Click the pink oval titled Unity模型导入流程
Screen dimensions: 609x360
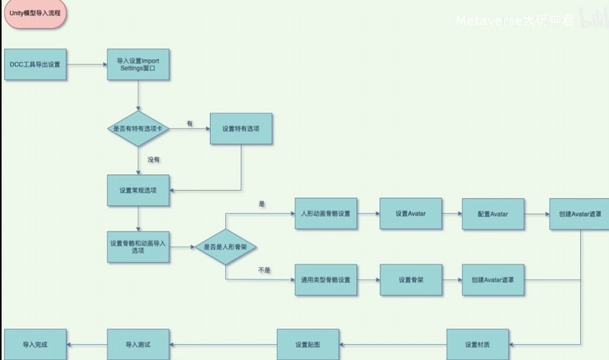35,13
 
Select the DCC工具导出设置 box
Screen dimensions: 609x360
35,64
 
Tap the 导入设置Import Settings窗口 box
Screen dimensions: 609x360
139,64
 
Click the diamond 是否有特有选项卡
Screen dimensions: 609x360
139,128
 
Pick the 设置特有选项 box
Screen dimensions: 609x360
241,128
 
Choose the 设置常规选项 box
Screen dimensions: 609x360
139,190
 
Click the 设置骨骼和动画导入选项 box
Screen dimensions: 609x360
139,247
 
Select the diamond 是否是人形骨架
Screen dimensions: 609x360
226,247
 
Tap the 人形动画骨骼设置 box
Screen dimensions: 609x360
326,214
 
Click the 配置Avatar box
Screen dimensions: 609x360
493,214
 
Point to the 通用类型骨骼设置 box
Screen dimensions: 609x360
326,280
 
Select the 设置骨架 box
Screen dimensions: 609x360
411,280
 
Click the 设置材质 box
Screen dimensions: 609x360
478,345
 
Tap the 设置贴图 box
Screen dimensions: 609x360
308,345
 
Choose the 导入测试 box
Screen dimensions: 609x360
139,345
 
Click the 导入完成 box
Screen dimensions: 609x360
35,345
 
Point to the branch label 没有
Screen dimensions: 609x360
153,160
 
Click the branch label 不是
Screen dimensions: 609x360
264,270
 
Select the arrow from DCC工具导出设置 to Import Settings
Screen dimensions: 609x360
87,64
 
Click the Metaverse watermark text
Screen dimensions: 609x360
515,20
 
